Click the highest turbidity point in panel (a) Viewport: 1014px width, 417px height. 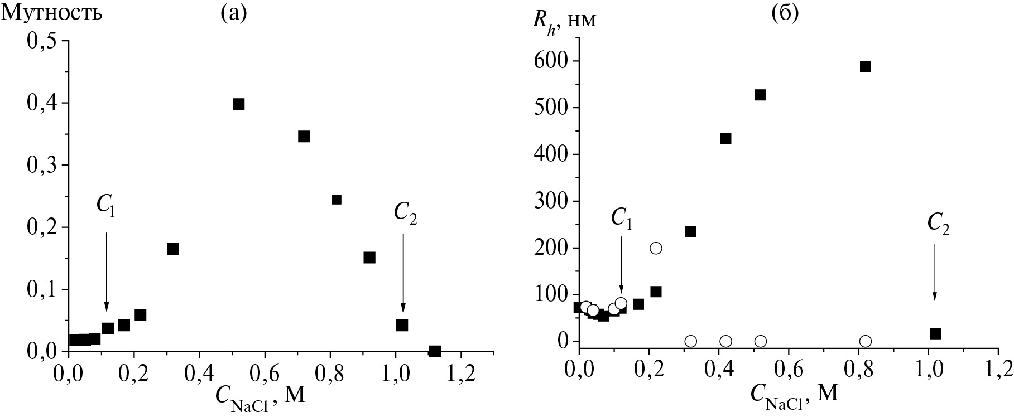238,104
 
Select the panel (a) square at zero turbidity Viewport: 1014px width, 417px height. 435,351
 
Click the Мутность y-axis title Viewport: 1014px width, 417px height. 52,13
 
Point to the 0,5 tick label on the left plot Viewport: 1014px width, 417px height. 44,41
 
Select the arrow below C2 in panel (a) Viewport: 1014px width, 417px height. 403,273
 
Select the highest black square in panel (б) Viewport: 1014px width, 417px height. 866,66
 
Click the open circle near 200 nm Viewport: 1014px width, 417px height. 656,248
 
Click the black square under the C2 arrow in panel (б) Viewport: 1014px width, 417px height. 935,334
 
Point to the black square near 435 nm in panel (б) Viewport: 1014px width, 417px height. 725,138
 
